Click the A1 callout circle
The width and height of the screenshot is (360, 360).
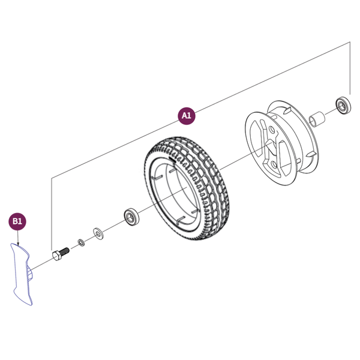point(187,116)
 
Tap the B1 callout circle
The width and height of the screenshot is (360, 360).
point(17,221)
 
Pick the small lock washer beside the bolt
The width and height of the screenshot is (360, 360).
point(80,243)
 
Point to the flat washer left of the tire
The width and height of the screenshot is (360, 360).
point(97,232)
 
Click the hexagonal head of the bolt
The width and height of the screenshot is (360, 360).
point(56,256)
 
